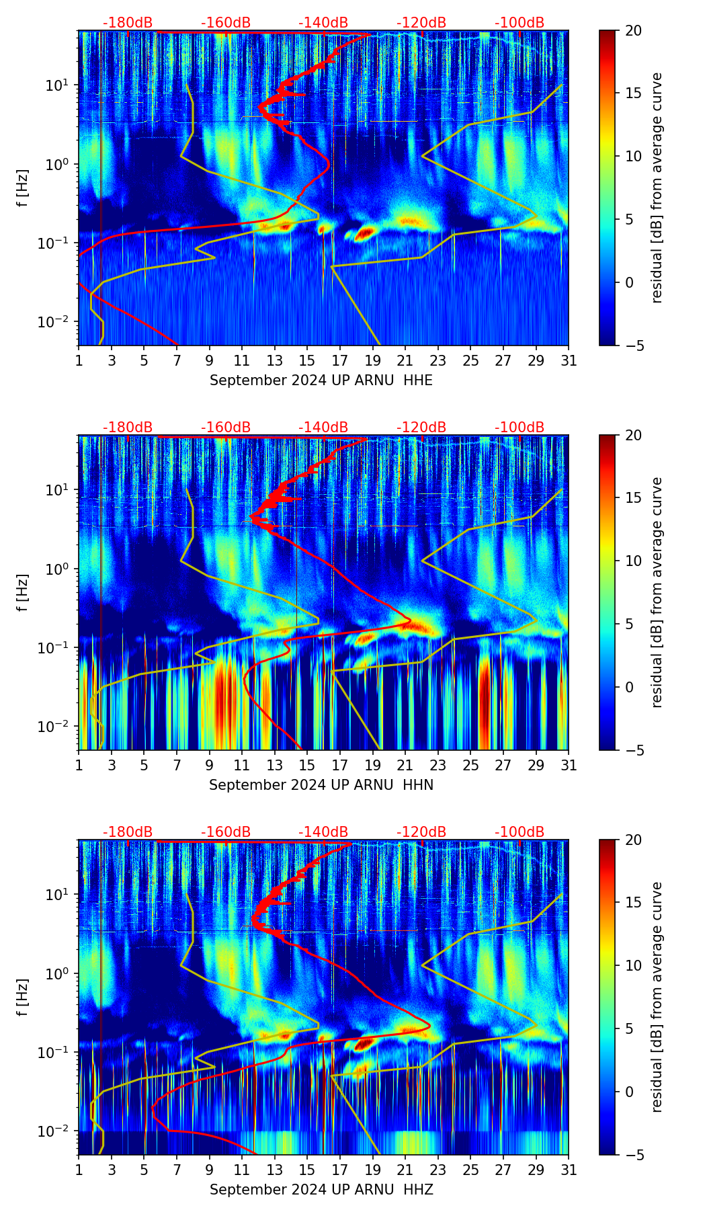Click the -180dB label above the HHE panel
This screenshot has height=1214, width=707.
point(128,23)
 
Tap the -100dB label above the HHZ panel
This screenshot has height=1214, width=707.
point(519,832)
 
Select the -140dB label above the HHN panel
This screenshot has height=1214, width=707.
point(323,428)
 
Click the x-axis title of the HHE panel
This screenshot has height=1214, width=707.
point(321,380)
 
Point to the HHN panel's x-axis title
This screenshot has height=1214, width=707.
point(321,785)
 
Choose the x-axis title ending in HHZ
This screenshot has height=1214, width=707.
point(321,1190)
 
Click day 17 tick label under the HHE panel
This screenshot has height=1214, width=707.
point(340,361)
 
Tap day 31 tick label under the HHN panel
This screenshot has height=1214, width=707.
point(569,766)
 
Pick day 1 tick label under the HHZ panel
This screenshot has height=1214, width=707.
point(79,1170)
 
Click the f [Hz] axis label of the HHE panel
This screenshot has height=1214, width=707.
point(23,188)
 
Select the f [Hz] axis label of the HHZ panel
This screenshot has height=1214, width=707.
point(23,998)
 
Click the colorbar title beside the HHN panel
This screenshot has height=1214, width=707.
point(657,593)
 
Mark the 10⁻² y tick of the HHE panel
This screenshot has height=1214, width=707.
point(58,322)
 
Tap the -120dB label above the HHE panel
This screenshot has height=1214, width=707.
point(421,23)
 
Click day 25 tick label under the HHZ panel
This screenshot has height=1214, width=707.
point(470,1170)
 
